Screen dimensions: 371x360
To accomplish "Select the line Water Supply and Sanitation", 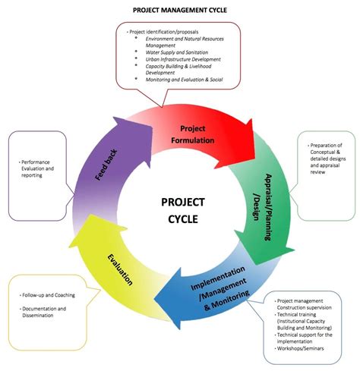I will [181, 52].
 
